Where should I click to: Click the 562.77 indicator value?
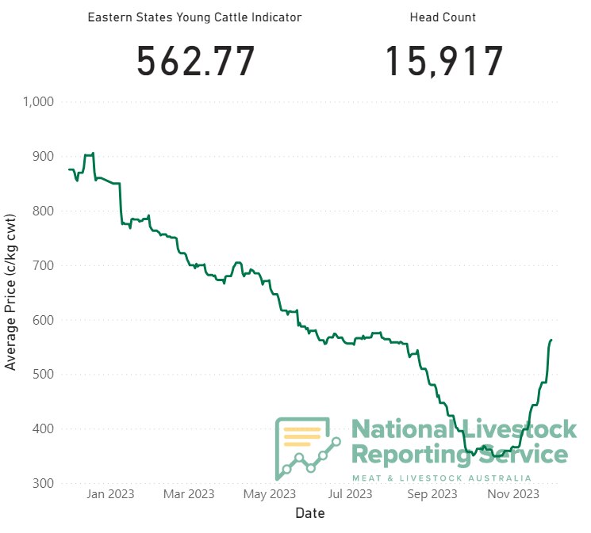point(196,61)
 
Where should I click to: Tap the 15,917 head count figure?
point(444,61)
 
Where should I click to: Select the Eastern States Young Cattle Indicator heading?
point(194,17)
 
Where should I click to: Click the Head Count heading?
point(443,17)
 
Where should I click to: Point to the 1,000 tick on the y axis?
point(38,101)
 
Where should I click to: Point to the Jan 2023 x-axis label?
point(110,494)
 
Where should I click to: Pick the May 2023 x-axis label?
point(270,494)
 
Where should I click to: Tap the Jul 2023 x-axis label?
point(350,494)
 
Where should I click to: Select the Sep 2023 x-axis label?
point(431,494)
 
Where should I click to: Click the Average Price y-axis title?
point(11,291)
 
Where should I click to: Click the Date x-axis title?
point(309,513)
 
